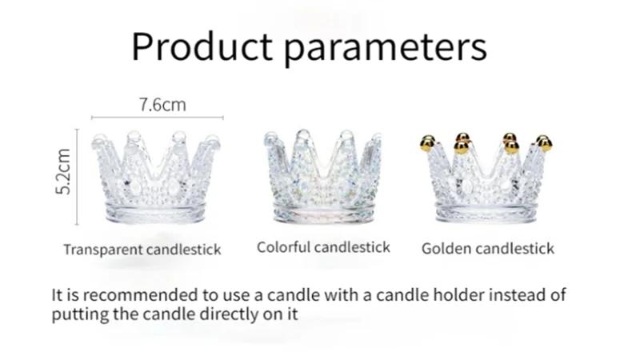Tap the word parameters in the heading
point(386,48)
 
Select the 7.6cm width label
point(162,105)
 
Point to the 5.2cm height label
point(63,172)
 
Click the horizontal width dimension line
point(157,118)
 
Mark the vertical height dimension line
point(78,177)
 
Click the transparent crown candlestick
point(156,177)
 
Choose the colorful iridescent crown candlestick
point(322,176)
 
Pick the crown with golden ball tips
point(486,178)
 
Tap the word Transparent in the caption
point(103,250)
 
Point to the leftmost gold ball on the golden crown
point(427,143)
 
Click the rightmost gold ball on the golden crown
point(546,143)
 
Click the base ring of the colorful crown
point(324,213)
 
